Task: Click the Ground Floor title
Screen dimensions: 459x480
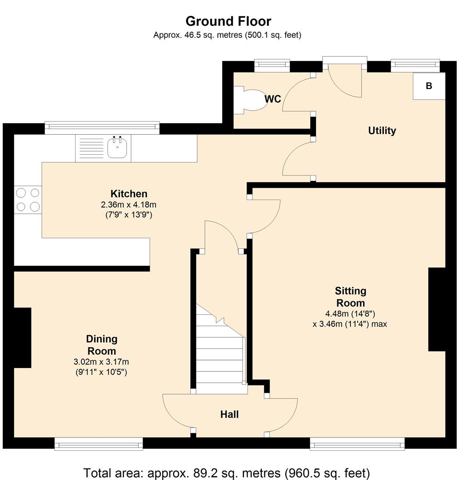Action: [x=228, y=21]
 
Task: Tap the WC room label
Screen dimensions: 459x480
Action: [x=273, y=99]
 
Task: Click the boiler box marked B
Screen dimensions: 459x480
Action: [x=429, y=86]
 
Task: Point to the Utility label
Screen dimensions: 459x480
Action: [x=382, y=131]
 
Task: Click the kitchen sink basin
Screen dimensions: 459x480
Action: [x=117, y=148]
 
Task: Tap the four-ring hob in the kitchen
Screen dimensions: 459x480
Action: [x=28, y=200]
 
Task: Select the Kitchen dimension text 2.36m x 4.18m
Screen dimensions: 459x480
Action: [x=128, y=204]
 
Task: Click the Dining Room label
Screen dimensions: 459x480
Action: [x=102, y=345]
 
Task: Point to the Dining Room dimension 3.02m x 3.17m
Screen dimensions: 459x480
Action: [x=101, y=362]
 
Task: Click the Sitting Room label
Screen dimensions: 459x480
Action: [x=351, y=296]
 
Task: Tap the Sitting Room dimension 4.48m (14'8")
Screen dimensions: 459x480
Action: [x=350, y=314]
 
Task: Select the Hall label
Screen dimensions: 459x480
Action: [x=229, y=415]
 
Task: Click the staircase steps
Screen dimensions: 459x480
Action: [x=221, y=349]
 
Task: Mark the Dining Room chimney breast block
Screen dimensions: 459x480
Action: [x=23, y=338]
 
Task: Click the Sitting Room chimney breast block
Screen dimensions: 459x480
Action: [x=437, y=309]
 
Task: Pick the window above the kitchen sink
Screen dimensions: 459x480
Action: [x=102, y=128]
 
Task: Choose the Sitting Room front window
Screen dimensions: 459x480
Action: [x=357, y=444]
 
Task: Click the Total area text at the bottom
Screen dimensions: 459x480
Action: [x=227, y=473]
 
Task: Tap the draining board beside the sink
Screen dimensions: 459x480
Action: [x=91, y=148]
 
